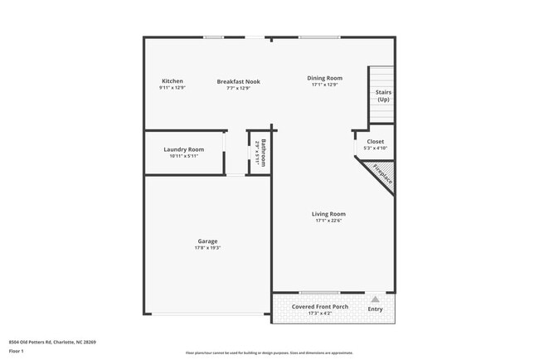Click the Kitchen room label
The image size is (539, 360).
[172, 80]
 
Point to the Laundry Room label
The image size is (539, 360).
[184, 149]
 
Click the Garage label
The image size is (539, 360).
[207, 241]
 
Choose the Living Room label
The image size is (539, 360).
[328, 214]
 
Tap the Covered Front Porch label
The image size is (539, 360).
[320, 306]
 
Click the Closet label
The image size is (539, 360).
[375, 141]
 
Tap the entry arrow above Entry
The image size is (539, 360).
[375, 299]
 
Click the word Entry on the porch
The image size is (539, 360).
[375, 309]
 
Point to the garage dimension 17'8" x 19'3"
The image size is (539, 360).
[207, 248]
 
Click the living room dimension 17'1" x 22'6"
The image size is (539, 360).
[328, 221]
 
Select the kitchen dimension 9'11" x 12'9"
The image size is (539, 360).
[172, 87]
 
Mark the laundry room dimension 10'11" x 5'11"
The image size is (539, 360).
[184, 156]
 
